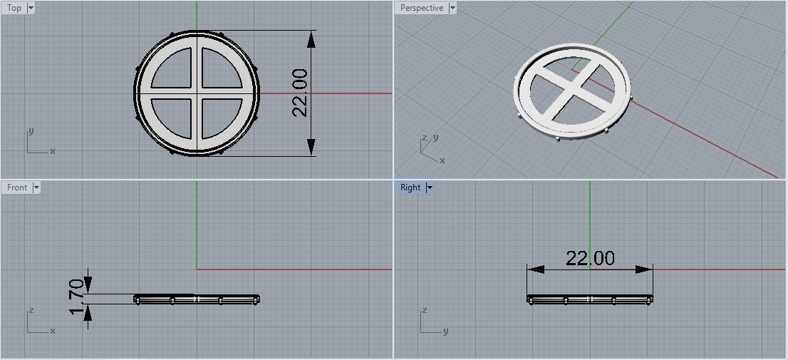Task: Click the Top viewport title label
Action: pos(14,8)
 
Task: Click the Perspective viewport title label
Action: pos(421,8)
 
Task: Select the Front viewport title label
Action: pos(17,187)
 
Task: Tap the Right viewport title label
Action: pos(410,187)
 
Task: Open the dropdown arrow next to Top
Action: pos(30,8)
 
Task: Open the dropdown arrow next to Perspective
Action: pos(452,8)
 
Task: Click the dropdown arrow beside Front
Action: pos(36,187)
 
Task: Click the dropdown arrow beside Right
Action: pos(430,187)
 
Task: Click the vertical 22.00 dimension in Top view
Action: pos(300,93)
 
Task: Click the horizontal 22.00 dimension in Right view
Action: pos(590,258)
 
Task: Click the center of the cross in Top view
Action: pos(197,93)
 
